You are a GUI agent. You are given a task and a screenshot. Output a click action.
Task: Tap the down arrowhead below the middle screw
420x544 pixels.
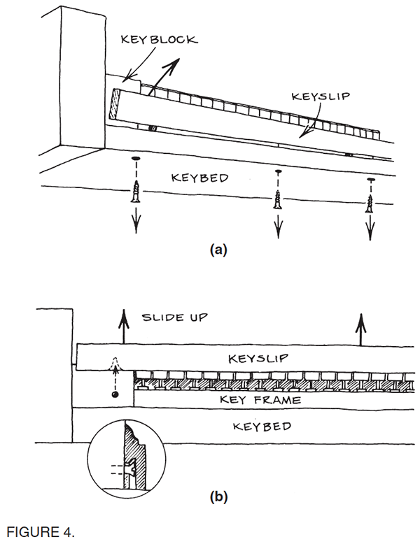(279, 231)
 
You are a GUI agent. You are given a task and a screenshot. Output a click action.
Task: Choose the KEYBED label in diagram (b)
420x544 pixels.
(261, 426)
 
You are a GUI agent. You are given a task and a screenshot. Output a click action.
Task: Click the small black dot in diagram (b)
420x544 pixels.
(113, 396)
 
